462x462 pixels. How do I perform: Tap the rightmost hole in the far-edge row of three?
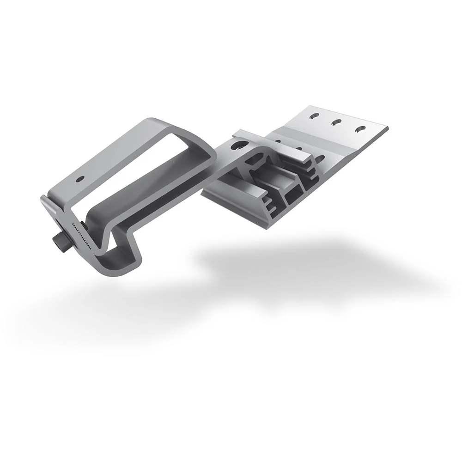pyautogui.click(x=360, y=130)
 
